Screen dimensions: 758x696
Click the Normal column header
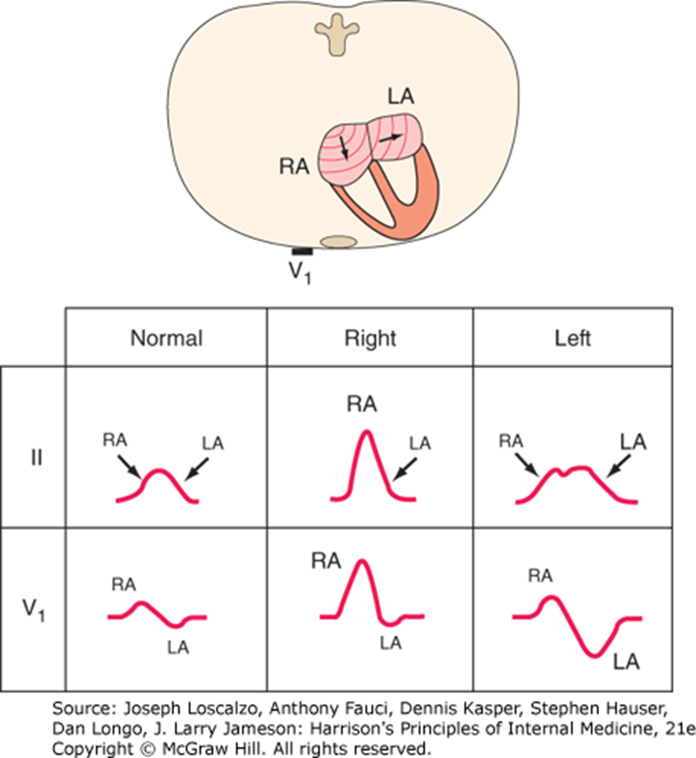tap(166, 339)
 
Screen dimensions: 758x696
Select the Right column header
tap(370, 339)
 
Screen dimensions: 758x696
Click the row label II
tap(36, 459)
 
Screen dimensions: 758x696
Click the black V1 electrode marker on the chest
tap(303, 251)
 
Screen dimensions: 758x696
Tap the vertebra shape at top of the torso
tap(337, 32)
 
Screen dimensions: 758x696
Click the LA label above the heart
tap(400, 98)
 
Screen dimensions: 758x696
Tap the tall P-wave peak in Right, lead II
tap(366, 433)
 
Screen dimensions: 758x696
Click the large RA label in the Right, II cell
tap(362, 405)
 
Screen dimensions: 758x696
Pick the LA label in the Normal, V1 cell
tap(178, 648)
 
